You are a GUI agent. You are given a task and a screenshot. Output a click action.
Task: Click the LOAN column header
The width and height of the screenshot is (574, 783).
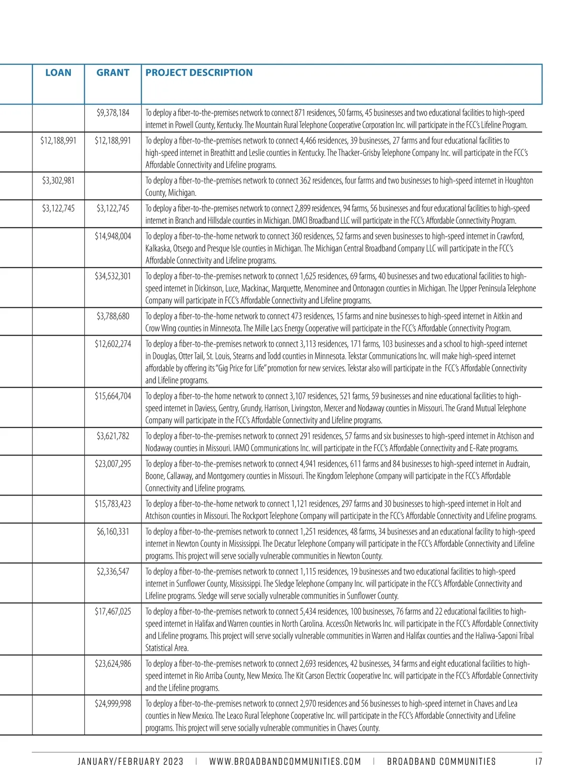click(58, 73)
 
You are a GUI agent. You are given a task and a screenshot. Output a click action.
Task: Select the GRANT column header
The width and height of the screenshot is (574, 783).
click(113, 73)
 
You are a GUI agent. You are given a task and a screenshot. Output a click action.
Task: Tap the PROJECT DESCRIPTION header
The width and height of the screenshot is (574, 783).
click(199, 73)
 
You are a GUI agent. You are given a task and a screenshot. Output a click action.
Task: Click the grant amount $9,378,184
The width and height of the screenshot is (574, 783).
click(113, 113)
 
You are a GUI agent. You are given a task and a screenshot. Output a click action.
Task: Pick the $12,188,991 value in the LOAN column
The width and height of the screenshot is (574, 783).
click(58, 141)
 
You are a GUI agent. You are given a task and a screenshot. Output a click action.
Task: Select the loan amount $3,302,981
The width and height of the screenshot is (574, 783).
click(58, 181)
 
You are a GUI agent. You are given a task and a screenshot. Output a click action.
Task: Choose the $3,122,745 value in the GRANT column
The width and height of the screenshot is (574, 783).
click(113, 208)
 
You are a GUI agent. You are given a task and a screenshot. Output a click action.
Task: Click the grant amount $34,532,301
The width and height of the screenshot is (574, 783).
click(113, 276)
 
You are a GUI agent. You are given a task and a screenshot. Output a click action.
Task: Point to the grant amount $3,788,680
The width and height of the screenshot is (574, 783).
click(113, 316)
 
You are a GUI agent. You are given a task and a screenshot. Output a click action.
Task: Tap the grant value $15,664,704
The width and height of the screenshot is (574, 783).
click(113, 396)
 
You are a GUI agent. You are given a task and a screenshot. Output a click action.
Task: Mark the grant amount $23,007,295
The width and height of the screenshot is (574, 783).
click(113, 464)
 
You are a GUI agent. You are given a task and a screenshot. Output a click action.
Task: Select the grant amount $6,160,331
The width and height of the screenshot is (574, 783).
click(113, 532)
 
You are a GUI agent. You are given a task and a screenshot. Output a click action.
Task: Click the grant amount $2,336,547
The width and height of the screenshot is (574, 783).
click(113, 572)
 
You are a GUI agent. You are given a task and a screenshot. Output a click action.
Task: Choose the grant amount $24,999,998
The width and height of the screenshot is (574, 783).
click(113, 704)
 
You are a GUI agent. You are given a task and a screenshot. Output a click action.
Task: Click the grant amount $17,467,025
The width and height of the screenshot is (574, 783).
click(113, 611)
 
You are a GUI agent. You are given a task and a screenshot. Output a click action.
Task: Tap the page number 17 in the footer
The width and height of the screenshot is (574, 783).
click(539, 762)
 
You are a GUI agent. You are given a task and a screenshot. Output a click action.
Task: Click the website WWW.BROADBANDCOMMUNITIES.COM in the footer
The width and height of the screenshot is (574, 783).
click(285, 762)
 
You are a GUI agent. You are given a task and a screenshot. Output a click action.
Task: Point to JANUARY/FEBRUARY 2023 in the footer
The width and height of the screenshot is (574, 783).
click(131, 762)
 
